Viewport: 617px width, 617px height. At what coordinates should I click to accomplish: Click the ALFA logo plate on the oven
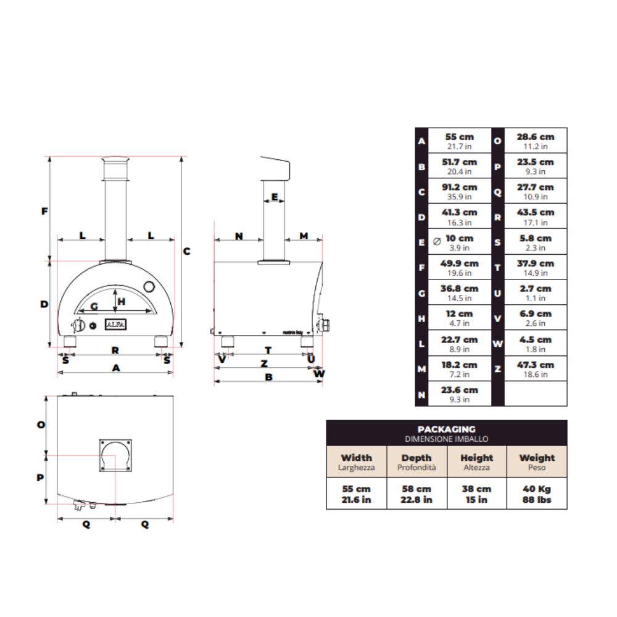click(115, 325)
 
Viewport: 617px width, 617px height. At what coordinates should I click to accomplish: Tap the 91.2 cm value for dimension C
click(459, 188)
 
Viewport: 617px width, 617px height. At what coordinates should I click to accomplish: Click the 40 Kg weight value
click(537, 489)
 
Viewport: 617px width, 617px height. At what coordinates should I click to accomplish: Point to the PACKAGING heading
click(447, 429)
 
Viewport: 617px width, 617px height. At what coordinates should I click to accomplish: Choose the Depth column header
click(416, 458)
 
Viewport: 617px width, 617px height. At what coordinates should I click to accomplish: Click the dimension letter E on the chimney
click(275, 197)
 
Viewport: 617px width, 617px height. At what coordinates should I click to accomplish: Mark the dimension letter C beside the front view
click(186, 251)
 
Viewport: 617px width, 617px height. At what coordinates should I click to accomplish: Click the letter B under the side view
click(268, 377)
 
